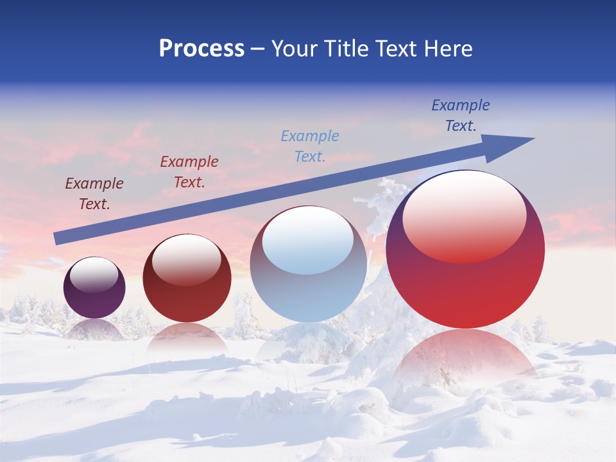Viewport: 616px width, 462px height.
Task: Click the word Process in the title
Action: pos(201,49)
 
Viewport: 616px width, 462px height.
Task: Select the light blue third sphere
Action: pos(309,289)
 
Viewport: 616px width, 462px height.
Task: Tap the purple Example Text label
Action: pos(94,194)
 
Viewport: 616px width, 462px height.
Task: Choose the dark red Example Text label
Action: pos(189,172)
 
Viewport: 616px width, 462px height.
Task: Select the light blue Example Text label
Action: pos(310,146)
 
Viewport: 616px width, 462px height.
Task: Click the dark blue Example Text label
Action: pos(461,116)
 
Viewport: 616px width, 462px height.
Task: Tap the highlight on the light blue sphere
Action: pos(308,241)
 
